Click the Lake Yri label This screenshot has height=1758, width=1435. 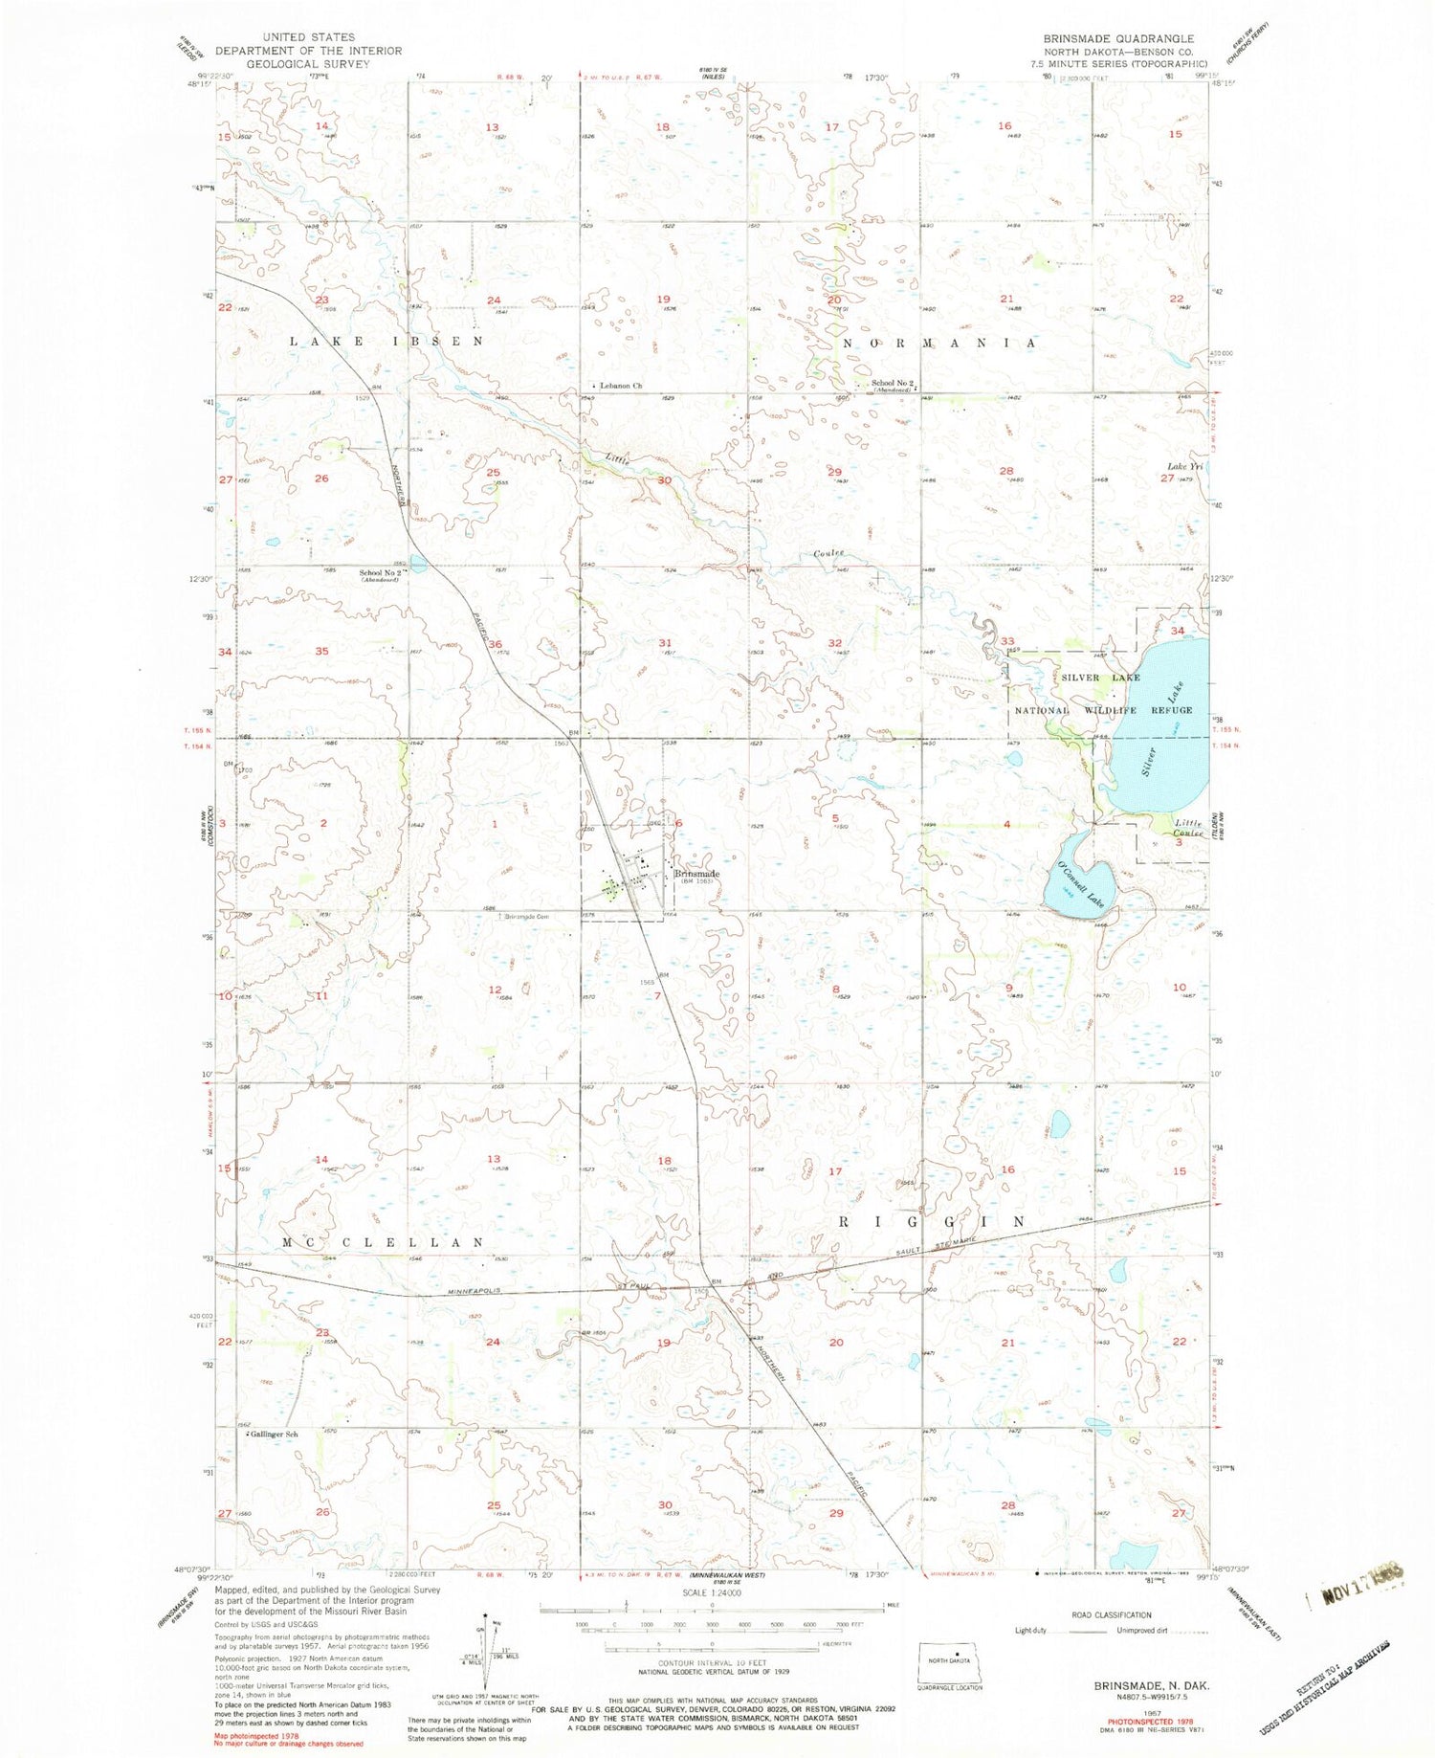pos(1183,466)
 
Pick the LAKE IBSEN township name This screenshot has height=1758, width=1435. pos(387,341)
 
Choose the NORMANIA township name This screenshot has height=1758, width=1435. pos(938,342)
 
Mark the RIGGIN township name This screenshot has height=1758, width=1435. pos(932,1222)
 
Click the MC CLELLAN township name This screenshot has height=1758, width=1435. pos(384,1242)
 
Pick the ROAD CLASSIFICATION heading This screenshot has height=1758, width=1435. pos(1111,1614)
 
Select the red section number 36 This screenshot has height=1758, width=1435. pos(496,644)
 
